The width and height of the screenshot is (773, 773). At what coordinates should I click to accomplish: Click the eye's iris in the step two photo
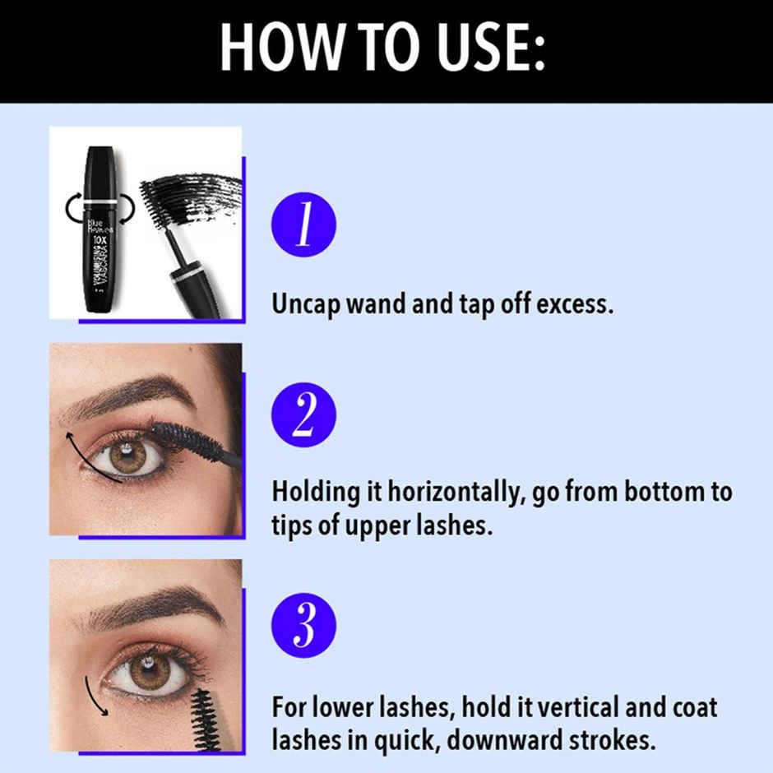(x=126, y=456)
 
